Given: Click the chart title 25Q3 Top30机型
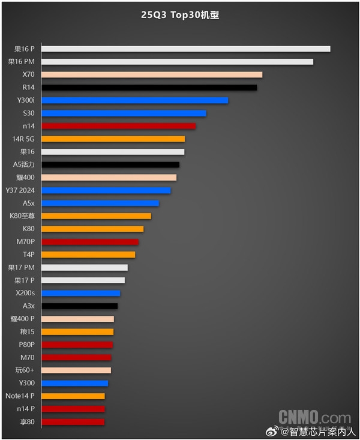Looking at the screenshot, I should coord(180,15).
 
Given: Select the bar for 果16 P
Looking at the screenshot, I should coord(186,49).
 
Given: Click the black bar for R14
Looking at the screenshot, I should coord(149,88).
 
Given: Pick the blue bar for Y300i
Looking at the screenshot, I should coord(135,100).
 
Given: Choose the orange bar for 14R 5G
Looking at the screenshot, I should coord(113,139).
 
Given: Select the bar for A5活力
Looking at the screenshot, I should coord(110,164).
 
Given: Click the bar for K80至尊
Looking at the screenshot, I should coord(97,216).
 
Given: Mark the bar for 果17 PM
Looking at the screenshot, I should coord(85,268).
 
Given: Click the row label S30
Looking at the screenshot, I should coord(29,113).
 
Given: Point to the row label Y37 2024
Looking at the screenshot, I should coord(21,190).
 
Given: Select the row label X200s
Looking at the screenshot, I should coord(25,294).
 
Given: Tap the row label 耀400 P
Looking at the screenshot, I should coord(23,319).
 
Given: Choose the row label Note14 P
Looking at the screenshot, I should coord(20,396).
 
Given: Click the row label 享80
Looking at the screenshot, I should coord(27,422).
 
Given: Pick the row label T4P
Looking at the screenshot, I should coord(28,255).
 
